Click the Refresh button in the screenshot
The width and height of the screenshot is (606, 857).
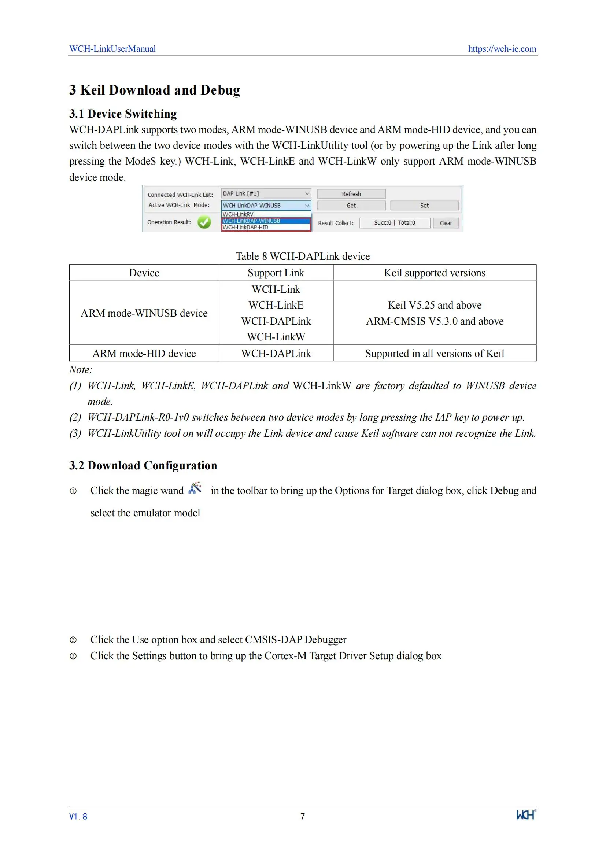point(351,194)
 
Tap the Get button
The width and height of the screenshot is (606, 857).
point(351,205)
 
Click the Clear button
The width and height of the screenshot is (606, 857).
point(446,223)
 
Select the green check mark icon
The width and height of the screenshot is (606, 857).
point(204,222)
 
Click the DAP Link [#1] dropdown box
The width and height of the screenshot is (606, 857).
point(266,193)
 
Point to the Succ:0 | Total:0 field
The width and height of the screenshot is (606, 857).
point(395,223)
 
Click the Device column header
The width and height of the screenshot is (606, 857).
point(144,273)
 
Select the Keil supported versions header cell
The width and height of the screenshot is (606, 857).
point(435,273)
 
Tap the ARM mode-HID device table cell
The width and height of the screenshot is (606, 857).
point(144,353)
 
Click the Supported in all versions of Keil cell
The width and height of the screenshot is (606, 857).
point(435,353)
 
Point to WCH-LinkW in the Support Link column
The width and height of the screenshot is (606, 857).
point(276,337)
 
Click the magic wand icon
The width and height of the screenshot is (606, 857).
point(195,488)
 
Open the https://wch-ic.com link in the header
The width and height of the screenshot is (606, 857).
point(502,49)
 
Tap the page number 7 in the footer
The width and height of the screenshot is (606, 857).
point(303,816)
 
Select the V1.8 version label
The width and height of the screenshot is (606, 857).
point(78,816)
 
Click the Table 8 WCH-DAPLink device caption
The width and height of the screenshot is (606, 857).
point(303,256)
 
